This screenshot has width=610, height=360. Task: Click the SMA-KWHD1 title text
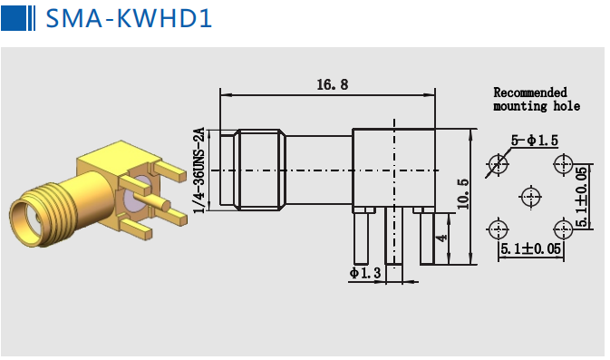(x=129, y=18)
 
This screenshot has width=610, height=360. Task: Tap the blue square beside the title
(x=14, y=18)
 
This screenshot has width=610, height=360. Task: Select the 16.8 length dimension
(x=333, y=84)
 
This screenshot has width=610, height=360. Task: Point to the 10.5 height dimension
(x=463, y=194)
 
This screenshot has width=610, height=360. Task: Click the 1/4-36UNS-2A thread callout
(x=198, y=170)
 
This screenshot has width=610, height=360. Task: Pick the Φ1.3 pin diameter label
(x=365, y=273)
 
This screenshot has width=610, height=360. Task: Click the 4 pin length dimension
(x=442, y=237)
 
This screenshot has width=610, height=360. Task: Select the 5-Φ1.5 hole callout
(x=535, y=141)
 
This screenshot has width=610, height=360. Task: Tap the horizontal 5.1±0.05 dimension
(x=530, y=248)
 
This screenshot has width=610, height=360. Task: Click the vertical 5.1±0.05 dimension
(x=582, y=197)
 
